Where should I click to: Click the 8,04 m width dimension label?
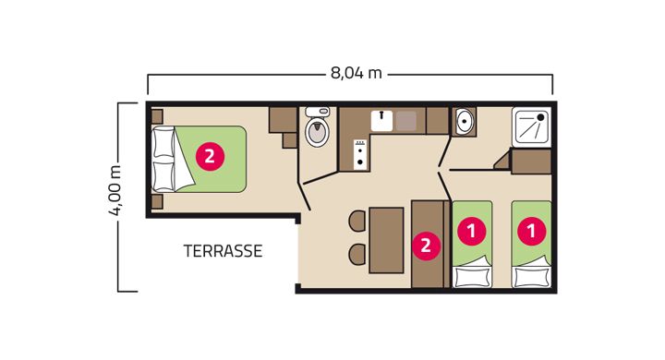[356, 73]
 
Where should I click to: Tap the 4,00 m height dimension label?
[115, 191]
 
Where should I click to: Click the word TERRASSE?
[223, 251]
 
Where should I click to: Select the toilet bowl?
[317, 128]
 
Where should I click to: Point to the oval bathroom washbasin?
[464, 121]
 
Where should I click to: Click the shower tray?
[531, 126]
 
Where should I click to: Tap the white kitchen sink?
[381, 120]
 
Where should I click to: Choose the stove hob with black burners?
[361, 154]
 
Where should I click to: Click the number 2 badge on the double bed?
[210, 157]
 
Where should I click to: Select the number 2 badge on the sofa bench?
[426, 246]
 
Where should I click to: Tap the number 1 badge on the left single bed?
[472, 231]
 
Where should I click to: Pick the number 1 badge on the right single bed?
[531, 231]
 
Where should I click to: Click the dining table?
[386, 240]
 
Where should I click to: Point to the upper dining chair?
[357, 221]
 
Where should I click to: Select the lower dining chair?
[357, 255]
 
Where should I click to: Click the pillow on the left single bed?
[472, 277]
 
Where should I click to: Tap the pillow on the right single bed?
[531, 277]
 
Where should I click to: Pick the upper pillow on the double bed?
[163, 142]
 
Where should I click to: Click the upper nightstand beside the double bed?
[157, 116]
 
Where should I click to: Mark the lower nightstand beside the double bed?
[157, 202]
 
